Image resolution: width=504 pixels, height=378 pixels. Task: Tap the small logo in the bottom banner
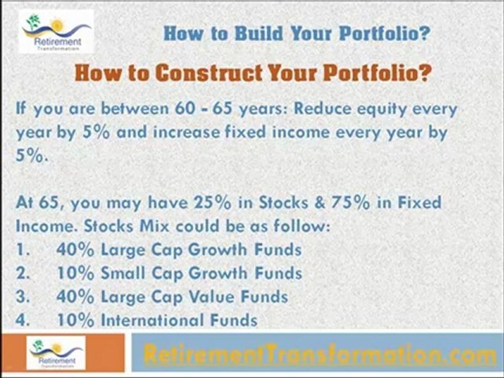[57, 352]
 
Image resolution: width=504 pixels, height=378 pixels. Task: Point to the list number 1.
[20, 250]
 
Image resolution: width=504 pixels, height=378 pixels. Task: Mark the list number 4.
[21, 320]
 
